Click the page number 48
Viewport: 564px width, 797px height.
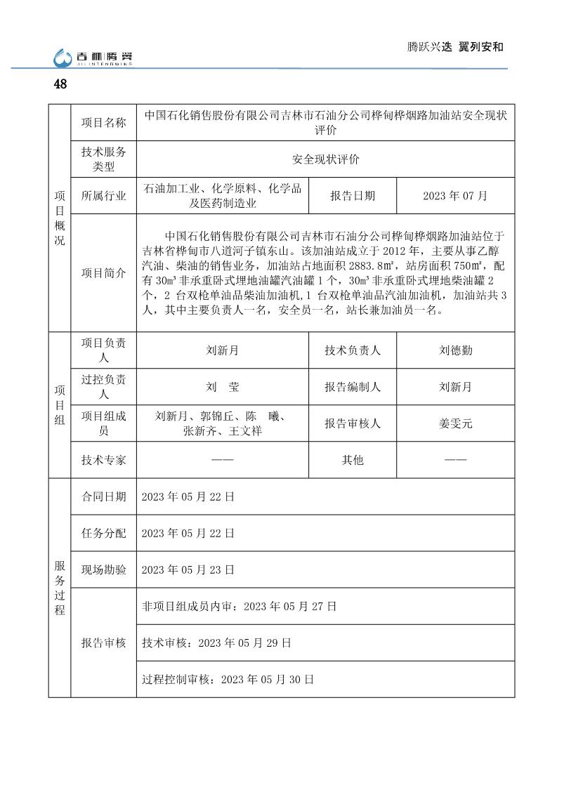pos(60,84)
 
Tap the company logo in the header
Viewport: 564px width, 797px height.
pos(94,58)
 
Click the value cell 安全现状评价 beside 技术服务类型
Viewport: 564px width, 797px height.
pos(325,159)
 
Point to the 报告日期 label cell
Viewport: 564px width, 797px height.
pos(353,196)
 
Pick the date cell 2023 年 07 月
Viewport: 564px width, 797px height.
pos(455,196)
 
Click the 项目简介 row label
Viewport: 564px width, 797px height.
pos(104,272)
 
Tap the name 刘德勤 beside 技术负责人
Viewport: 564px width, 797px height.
pos(455,350)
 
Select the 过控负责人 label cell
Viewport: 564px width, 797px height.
pos(104,386)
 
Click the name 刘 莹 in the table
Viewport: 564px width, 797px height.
pos(223,387)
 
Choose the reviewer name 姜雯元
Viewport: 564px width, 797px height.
pos(455,423)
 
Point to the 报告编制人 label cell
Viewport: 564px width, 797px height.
pos(353,387)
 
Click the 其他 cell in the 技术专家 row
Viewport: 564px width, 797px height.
pos(353,460)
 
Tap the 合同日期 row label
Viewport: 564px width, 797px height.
pos(104,496)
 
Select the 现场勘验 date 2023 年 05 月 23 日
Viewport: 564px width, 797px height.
pos(188,569)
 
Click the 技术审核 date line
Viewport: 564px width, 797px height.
pos(216,643)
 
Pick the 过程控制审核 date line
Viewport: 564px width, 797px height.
pos(228,679)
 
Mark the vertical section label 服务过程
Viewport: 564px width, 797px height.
pos(60,588)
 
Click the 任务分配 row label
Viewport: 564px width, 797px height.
pos(104,533)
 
